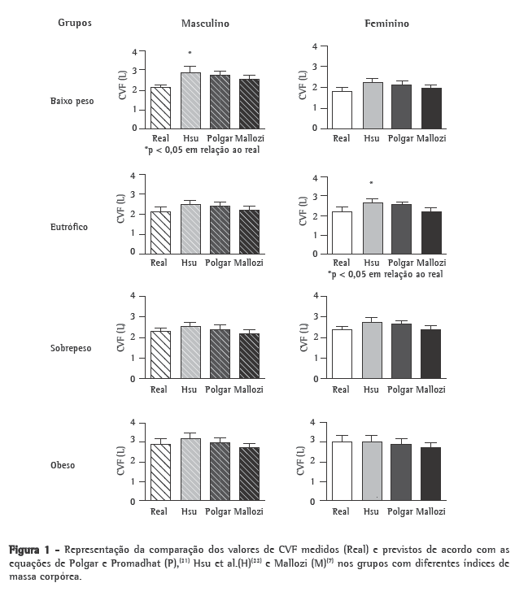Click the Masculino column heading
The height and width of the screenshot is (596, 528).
pyautogui.click(x=205, y=24)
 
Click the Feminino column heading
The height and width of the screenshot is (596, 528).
pyautogui.click(x=386, y=24)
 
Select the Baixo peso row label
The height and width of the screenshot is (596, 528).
pyautogui.click(x=72, y=102)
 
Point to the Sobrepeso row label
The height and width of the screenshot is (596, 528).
pyautogui.click(x=71, y=348)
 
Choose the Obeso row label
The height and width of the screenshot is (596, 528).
pyautogui.click(x=63, y=466)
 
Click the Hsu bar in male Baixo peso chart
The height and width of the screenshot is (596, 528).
pyautogui.click(x=190, y=101)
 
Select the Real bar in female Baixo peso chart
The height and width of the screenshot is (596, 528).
pyautogui.click(x=342, y=110)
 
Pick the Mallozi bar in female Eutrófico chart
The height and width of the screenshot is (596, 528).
pyautogui.click(x=431, y=233)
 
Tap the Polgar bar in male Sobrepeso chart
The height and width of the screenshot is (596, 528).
pyautogui.click(x=220, y=355)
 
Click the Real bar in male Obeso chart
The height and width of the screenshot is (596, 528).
pyautogui.click(x=159, y=473)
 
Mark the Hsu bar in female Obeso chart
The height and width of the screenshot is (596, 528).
pyautogui.click(x=372, y=472)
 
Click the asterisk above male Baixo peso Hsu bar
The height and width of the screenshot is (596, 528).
pyautogui.click(x=190, y=54)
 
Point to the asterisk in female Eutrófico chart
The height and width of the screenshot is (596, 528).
pyautogui.click(x=372, y=184)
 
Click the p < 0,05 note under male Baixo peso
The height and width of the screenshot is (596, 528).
pyautogui.click(x=202, y=150)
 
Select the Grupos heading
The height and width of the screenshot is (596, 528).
pyautogui.click(x=75, y=23)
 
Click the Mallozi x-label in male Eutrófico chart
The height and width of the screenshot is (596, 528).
pyautogui.click(x=250, y=263)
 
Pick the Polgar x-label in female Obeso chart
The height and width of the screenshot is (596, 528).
pyautogui.click(x=401, y=512)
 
